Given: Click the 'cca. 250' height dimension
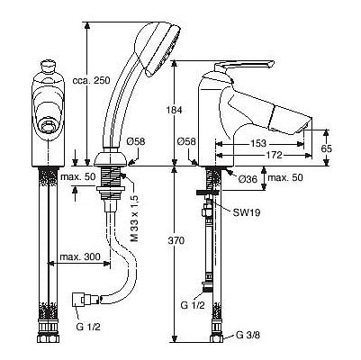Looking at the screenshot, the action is click(x=92, y=80).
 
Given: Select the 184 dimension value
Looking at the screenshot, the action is click(x=175, y=110).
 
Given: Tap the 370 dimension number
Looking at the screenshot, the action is click(x=175, y=240).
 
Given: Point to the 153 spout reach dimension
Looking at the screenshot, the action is click(x=258, y=143).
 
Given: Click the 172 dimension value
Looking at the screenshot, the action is click(x=274, y=155).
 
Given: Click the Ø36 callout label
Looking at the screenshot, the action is click(x=248, y=179).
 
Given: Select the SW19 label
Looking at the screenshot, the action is click(x=247, y=212).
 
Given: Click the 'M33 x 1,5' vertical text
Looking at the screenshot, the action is click(x=134, y=218).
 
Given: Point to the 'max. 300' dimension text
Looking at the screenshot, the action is click(x=80, y=256).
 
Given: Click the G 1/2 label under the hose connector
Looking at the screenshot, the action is click(x=89, y=327).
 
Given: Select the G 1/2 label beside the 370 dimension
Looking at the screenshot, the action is click(x=193, y=305).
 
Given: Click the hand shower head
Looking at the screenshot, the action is click(x=157, y=48).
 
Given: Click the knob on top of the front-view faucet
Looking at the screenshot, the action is click(x=48, y=66).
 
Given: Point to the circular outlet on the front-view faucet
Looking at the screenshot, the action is click(x=48, y=126).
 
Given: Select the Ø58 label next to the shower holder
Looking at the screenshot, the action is click(x=135, y=141).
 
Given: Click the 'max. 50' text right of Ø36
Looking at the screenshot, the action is click(x=285, y=177).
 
